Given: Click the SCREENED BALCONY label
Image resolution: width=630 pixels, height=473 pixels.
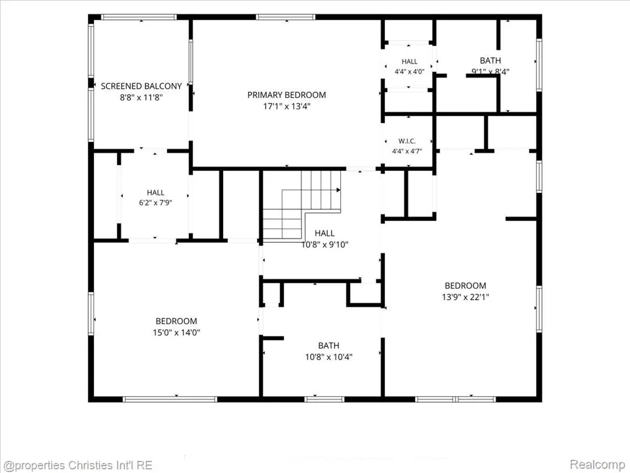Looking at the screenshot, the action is pyautogui.click(x=141, y=86).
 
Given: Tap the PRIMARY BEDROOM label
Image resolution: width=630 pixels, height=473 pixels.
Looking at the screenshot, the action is pyautogui.click(x=287, y=95).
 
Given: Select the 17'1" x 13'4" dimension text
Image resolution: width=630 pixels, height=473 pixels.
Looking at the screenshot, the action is pyautogui.click(x=287, y=106).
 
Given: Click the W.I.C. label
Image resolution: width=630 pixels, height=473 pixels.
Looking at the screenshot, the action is pyautogui.click(x=407, y=141).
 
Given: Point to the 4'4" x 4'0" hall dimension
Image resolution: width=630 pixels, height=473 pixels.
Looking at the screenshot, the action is pyautogui.click(x=409, y=72).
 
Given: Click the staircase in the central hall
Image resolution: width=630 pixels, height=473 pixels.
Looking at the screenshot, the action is pyautogui.click(x=301, y=205).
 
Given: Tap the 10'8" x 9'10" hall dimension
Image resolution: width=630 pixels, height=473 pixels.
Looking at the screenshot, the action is pyautogui.click(x=325, y=244).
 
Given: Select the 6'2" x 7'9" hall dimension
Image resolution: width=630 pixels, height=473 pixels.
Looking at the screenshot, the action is pyautogui.click(x=156, y=202).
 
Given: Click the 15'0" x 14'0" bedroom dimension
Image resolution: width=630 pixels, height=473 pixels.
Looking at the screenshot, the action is pyautogui.click(x=176, y=332).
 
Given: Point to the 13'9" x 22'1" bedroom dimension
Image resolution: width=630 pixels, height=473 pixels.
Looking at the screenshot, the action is pyautogui.click(x=466, y=297).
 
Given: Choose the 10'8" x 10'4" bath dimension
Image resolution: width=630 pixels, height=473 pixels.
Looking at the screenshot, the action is pyautogui.click(x=329, y=357).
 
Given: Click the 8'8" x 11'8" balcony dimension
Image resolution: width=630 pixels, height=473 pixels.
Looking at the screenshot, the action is pyautogui.click(x=141, y=97).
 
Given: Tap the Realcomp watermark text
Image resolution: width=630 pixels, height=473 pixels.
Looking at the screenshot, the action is pyautogui.click(x=597, y=465).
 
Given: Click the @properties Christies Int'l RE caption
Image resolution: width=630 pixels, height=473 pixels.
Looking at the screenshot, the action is pyautogui.click(x=78, y=465).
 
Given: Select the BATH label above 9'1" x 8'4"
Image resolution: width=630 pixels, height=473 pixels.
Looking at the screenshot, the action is pyautogui.click(x=490, y=61).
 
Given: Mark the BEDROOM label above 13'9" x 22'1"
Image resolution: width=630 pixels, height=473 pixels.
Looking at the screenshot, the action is pyautogui.click(x=466, y=286).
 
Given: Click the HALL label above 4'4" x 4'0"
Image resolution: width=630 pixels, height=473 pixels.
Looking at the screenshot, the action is pyautogui.click(x=409, y=62).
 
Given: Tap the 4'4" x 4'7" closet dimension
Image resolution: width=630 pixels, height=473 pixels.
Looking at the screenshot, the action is pyautogui.click(x=407, y=151).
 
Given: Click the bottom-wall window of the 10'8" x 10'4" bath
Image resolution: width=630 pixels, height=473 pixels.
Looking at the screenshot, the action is pyautogui.click(x=324, y=399).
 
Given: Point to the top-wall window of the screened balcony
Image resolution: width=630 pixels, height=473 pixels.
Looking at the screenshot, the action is pyautogui.click(x=139, y=17).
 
